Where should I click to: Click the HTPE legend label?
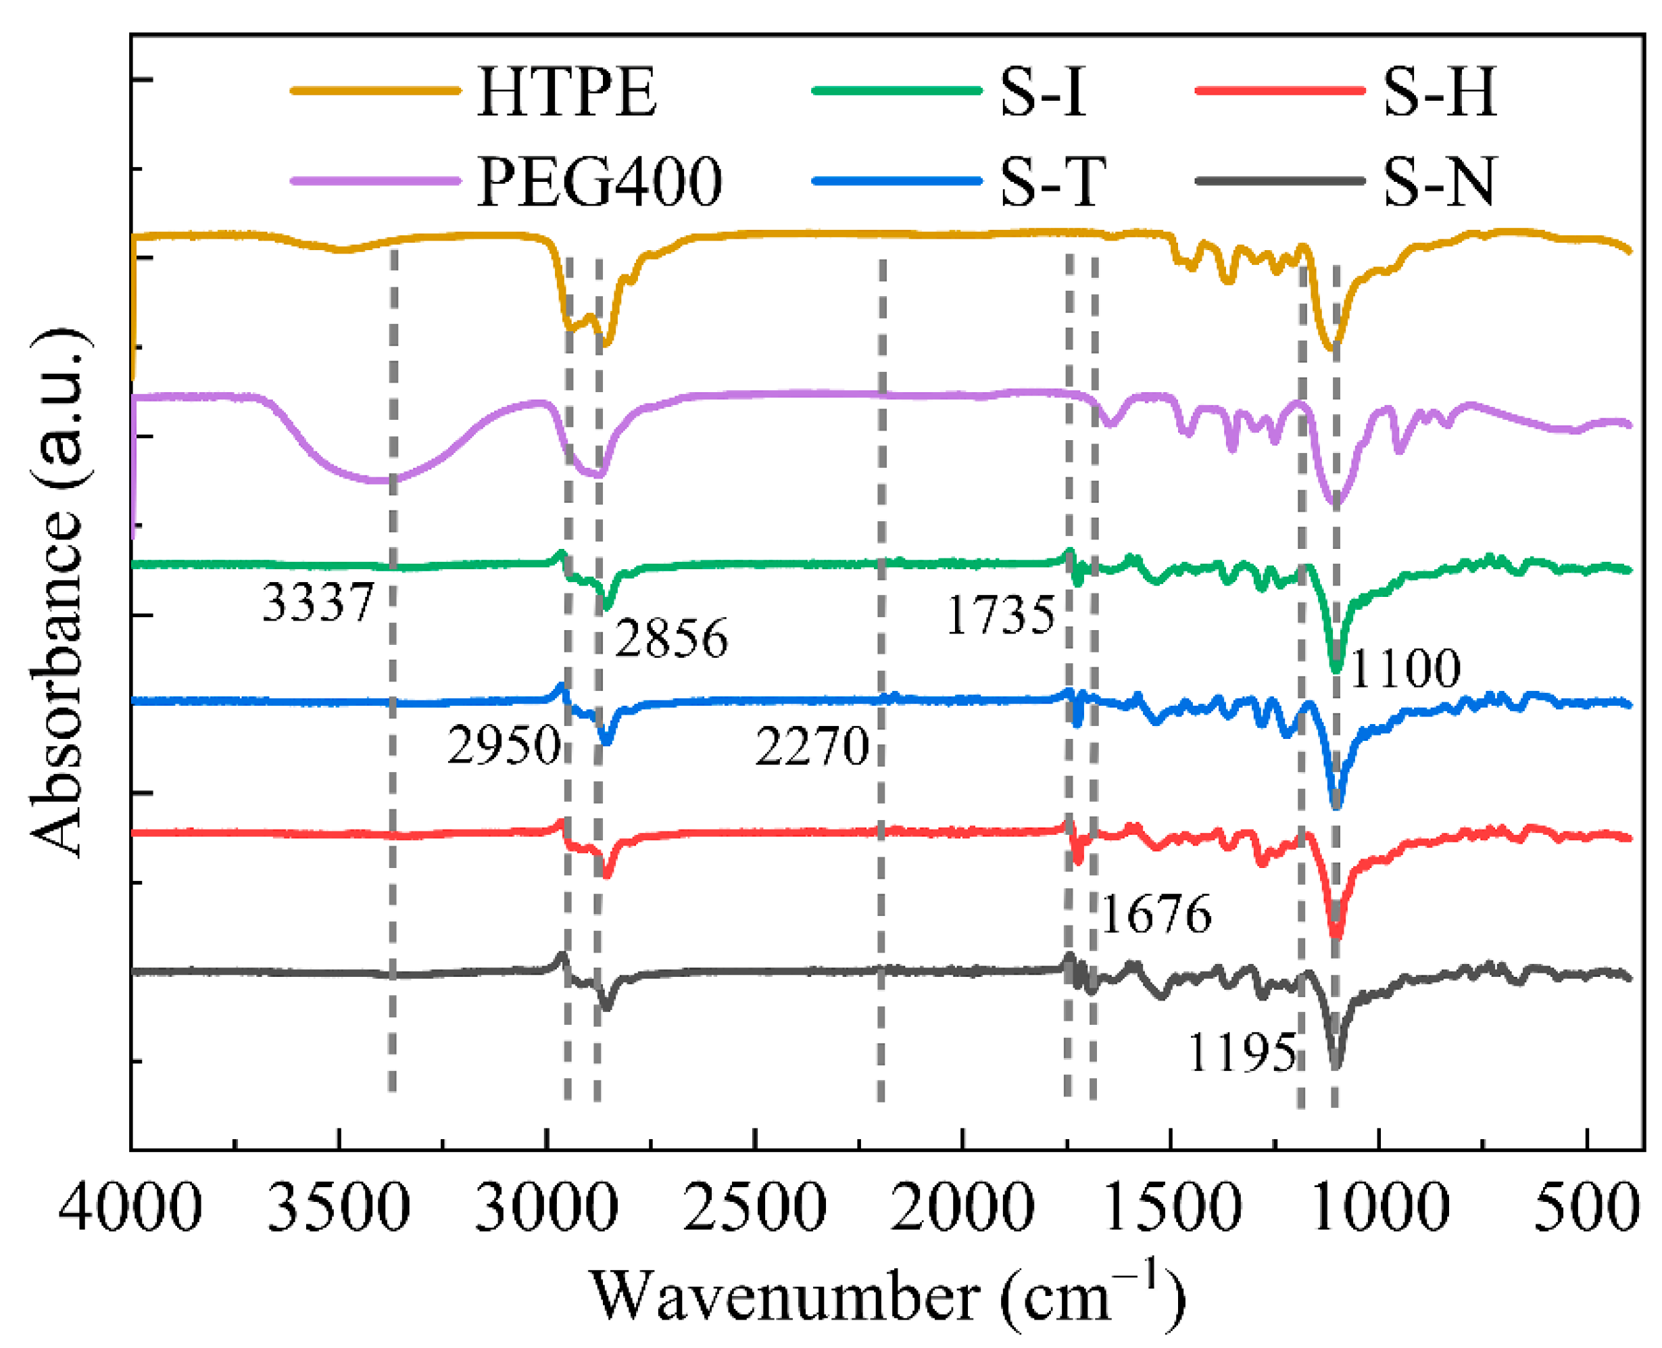coord(566,93)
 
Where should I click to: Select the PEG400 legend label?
coord(600,183)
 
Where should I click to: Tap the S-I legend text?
coord(1042,93)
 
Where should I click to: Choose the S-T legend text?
coord(1052,183)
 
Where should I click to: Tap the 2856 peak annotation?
coord(671,638)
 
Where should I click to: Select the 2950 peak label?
coord(503,746)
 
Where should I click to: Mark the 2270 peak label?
coord(811,747)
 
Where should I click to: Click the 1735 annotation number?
coord(1000,616)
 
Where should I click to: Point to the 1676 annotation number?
coord(1156,914)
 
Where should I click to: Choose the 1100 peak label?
coord(1405,668)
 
